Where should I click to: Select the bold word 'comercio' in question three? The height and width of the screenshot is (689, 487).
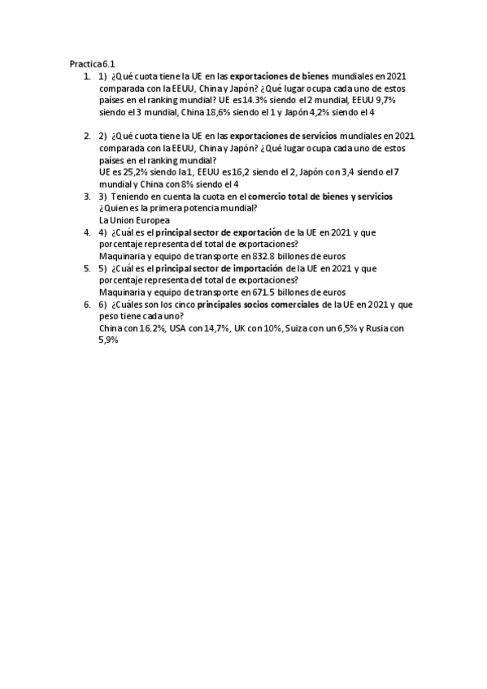(x=267, y=197)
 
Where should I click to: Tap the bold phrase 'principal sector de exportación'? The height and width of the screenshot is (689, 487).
(x=214, y=232)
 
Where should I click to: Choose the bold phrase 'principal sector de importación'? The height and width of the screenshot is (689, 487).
(x=214, y=268)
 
